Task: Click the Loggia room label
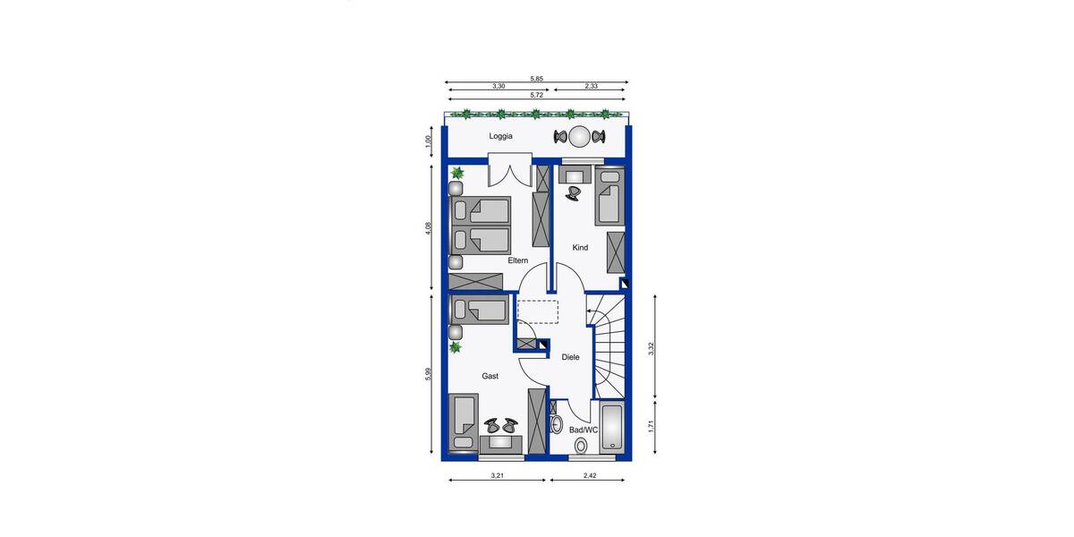tap(501, 137)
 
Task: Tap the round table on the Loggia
tap(580, 137)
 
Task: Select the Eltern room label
tap(517, 260)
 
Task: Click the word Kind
tap(580, 248)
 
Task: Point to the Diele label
tap(570, 357)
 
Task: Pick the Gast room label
tap(490, 377)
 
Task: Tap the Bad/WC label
tap(584, 430)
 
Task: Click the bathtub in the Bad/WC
tap(613, 428)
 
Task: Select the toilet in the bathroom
tap(581, 445)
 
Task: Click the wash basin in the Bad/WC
tap(555, 423)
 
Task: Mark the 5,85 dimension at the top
tap(536, 79)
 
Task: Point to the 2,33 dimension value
tap(592, 86)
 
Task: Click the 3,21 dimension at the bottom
tap(497, 475)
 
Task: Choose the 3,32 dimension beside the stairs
tap(652, 349)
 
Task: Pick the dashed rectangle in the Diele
tap(538, 311)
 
